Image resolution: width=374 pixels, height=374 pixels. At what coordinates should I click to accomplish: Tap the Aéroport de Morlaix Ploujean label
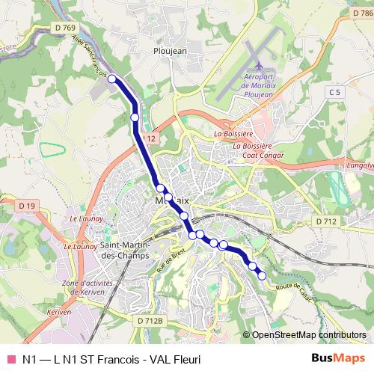(260, 85)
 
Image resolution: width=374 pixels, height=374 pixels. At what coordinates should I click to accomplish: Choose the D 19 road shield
(27, 206)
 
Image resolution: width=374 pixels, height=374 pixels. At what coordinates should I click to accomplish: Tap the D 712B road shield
(150, 320)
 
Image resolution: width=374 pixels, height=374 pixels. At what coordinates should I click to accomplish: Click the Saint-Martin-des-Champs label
(125, 251)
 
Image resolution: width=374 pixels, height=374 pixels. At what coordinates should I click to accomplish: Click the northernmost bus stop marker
(112, 79)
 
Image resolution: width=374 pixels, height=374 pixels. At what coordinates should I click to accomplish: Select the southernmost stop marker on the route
(262, 276)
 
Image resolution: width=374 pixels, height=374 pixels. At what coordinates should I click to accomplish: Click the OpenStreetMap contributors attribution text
(308, 335)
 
